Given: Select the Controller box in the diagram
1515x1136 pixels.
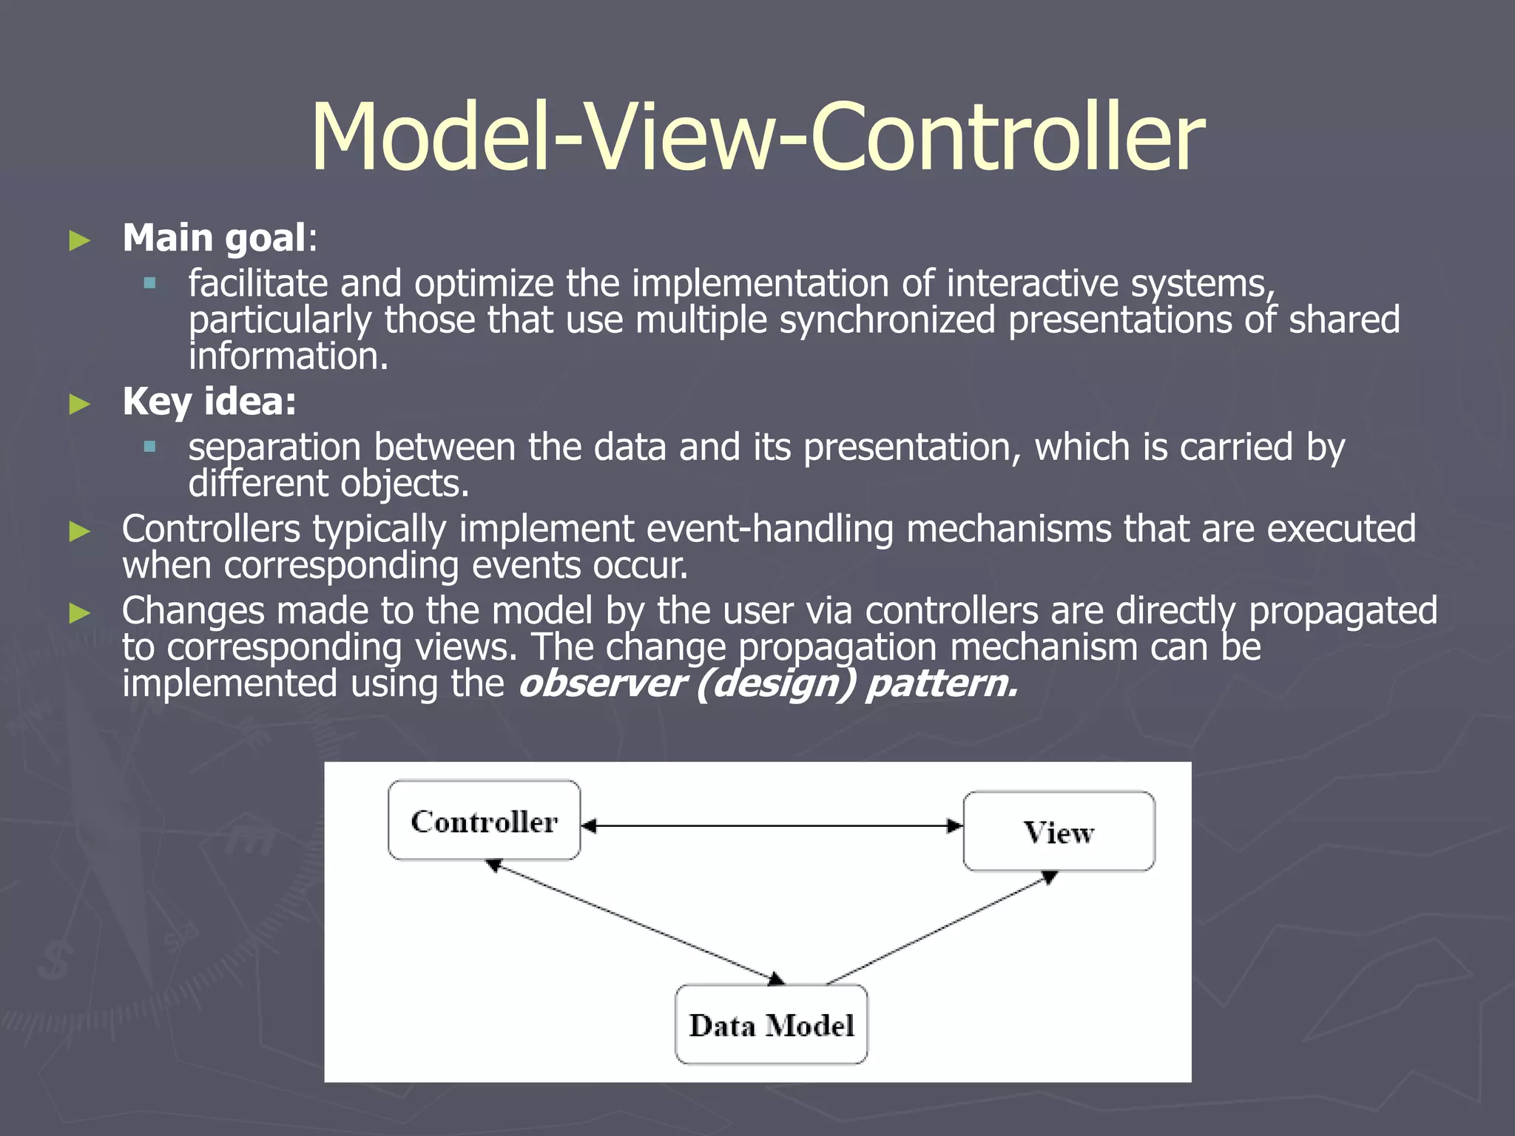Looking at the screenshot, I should pyautogui.click(x=484, y=820).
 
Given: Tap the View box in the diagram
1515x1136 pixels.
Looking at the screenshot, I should pyautogui.click(x=1059, y=832).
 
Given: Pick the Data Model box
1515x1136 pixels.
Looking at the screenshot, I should pyautogui.click(x=771, y=1025).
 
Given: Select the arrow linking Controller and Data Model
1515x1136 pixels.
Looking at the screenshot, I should pyautogui.click(x=636, y=923).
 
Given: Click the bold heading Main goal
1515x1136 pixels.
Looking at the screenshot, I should pyautogui.click(x=214, y=238).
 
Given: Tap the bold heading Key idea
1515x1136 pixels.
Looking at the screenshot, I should pyautogui.click(x=209, y=402).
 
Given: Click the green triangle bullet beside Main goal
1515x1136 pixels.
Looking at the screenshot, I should pyautogui.click(x=79, y=240).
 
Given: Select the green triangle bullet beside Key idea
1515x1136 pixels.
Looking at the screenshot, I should pyautogui.click(x=79, y=404).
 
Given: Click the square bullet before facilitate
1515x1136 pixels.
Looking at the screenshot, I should pyautogui.click(x=150, y=283).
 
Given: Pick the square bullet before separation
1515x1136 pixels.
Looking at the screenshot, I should pyautogui.click(x=150, y=446).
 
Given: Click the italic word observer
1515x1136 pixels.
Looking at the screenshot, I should pyautogui.click(x=601, y=683).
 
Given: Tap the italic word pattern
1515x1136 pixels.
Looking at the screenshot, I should pyautogui.click(x=942, y=683).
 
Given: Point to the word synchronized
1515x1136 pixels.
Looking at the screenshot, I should pyautogui.click(x=887, y=320).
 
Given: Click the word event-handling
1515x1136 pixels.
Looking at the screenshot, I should pyautogui.click(x=770, y=530).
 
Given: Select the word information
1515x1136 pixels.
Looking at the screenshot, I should pyautogui.click(x=289, y=356).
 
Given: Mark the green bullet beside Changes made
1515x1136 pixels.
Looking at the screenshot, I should pyautogui.click(x=79, y=612).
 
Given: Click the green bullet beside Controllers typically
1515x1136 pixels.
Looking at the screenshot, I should pyautogui.click(x=79, y=531).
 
